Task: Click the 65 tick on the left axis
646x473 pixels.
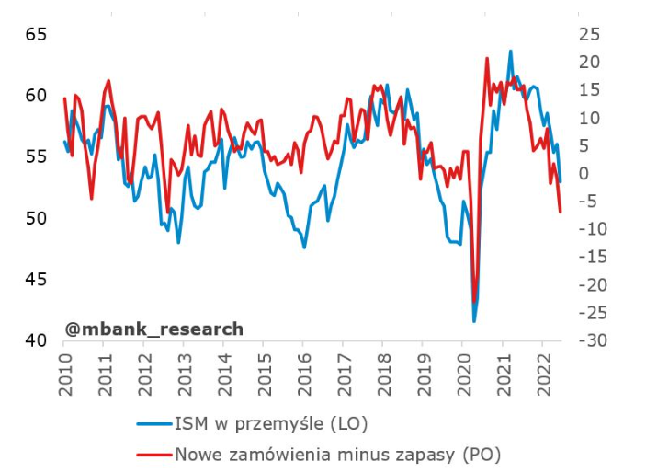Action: point(36,35)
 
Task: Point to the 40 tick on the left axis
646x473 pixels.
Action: point(36,340)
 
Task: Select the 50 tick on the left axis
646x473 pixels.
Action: point(36,218)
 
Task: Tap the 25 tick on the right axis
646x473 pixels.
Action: point(588,35)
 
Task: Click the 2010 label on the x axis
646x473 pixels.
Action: point(65,372)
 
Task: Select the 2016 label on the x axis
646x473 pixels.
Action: point(303,372)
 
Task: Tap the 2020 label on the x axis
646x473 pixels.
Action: point(462,372)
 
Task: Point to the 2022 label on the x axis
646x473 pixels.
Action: point(542,372)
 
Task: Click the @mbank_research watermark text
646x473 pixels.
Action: point(153,329)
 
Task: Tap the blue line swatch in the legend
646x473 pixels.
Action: point(153,425)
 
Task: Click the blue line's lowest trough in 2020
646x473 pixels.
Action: point(474,321)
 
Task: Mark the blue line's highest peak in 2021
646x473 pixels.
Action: point(511,51)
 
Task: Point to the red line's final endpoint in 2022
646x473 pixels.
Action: point(561,213)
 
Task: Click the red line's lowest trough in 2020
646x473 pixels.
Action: point(474,302)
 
